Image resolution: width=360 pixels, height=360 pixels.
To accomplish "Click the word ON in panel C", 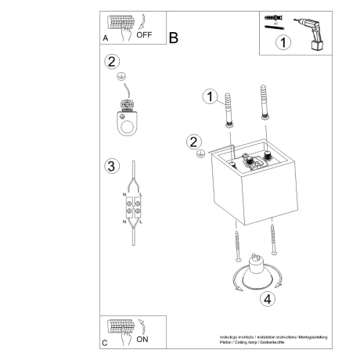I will point(143,340).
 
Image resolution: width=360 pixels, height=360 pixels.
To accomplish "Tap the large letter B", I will point(173,38).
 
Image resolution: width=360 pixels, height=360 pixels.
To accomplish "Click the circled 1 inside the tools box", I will point(283,44).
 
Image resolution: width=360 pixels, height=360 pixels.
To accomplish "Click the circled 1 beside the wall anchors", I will point(209,96).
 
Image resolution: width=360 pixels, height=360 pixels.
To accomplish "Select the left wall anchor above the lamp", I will point(229,108).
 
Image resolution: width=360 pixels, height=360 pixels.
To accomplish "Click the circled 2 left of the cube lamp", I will point(192,142).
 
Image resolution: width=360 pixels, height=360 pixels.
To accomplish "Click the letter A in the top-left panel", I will point(104,38).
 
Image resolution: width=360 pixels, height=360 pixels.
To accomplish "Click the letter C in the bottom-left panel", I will point(104,342).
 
